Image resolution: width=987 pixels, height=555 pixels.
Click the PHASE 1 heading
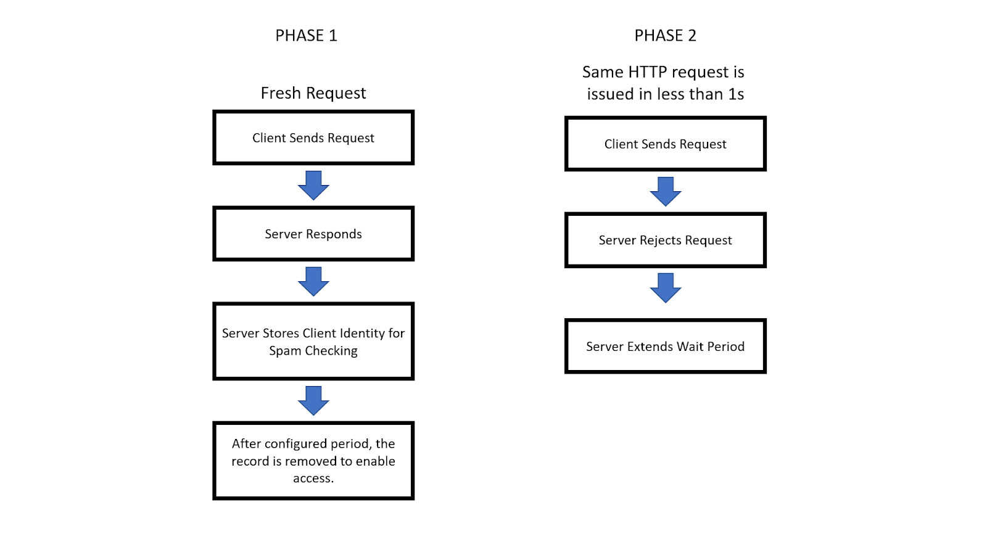[x=306, y=36]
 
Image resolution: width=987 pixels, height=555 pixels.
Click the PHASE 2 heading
[x=665, y=36]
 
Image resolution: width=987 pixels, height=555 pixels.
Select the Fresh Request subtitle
[x=313, y=93]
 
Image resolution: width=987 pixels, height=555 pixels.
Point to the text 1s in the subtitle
[x=736, y=94]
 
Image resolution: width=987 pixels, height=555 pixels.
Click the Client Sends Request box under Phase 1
[x=313, y=138]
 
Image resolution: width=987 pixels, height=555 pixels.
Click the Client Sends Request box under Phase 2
[x=665, y=144]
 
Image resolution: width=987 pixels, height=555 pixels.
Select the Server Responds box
[x=313, y=234]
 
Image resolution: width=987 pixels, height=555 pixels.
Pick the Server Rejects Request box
[x=665, y=240]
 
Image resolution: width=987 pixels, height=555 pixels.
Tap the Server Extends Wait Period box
[x=665, y=346]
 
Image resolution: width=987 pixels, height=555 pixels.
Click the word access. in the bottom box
[x=313, y=479]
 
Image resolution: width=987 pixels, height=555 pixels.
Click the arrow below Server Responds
[x=313, y=281]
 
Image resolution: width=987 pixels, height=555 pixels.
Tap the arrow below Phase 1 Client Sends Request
[x=313, y=185]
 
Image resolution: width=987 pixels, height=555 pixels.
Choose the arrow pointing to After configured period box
[x=313, y=400]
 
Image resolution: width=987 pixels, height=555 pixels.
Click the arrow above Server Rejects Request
[x=666, y=191]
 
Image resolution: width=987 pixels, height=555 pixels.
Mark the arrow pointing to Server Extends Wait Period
[x=666, y=287]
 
